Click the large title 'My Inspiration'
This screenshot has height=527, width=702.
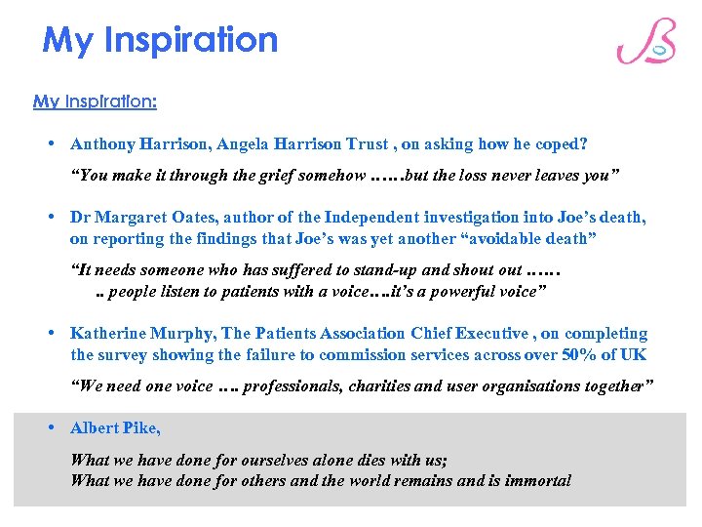161,40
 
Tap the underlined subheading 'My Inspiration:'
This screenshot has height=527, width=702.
95,101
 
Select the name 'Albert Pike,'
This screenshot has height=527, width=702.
115,428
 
